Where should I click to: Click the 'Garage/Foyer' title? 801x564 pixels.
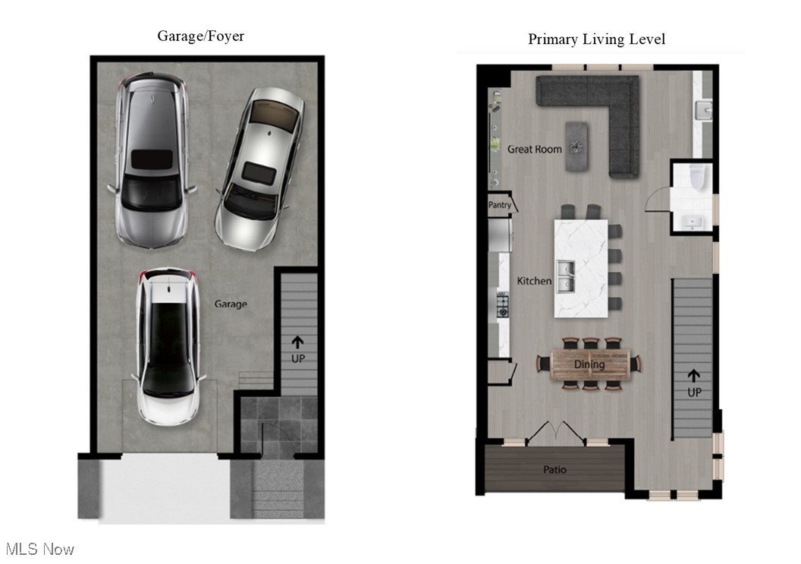200,36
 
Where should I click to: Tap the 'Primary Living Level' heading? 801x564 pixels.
596,39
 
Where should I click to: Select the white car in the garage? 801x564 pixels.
168,345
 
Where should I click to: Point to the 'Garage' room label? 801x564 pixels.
230,304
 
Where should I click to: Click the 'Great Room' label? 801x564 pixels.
535,150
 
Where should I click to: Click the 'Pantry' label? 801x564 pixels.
499,205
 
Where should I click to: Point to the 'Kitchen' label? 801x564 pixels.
534,281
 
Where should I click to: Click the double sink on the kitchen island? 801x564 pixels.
565,276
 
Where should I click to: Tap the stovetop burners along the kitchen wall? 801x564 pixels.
502,305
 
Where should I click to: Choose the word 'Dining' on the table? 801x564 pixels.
589,364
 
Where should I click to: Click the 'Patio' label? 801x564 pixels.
554,470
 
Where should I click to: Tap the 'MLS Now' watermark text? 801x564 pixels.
39,549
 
